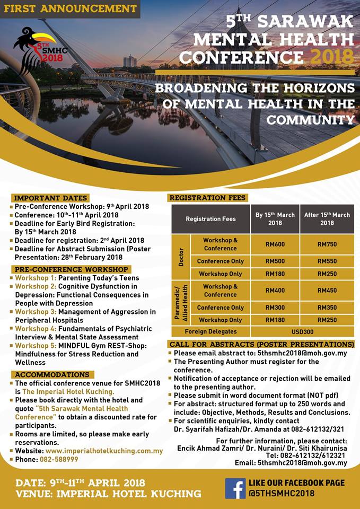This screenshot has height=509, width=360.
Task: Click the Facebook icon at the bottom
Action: [x=235, y=488]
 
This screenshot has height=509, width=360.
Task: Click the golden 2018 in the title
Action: [x=332, y=56]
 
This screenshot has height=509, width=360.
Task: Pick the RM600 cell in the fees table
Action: [x=275, y=244]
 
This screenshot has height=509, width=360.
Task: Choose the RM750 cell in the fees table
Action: [x=327, y=244]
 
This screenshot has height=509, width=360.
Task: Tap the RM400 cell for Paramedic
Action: [x=275, y=291]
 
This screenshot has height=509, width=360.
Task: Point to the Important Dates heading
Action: [x=51, y=198]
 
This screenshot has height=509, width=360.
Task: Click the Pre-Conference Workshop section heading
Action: [x=71, y=269]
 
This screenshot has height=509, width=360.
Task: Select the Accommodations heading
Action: [x=51, y=374]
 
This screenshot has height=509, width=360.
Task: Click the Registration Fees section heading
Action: [x=207, y=198]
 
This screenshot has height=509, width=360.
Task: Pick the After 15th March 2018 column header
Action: [x=327, y=218]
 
